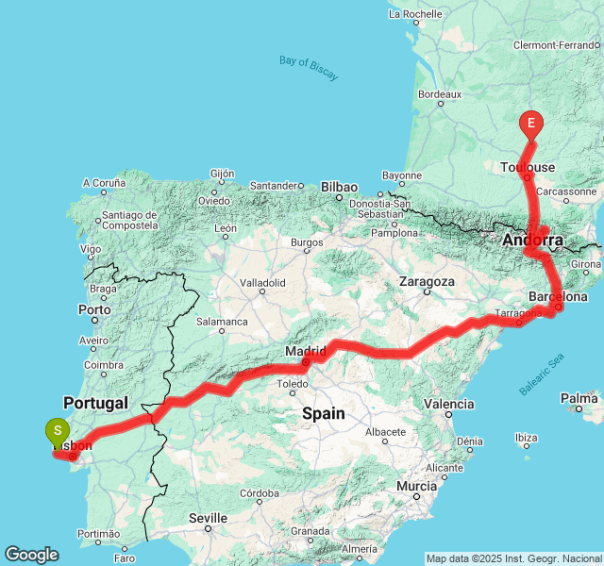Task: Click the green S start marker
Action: (x=58, y=432)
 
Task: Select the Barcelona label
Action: (x=559, y=296)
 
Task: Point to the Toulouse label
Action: (x=527, y=167)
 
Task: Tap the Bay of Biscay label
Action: (x=309, y=68)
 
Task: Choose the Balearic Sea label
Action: (x=542, y=374)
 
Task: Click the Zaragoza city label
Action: (x=427, y=281)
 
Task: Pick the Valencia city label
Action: (x=449, y=404)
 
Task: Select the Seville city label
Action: (x=208, y=518)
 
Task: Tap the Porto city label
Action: (x=94, y=309)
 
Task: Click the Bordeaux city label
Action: (x=439, y=94)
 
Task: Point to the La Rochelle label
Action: (x=415, y=14)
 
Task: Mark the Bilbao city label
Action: (x=340, y=187)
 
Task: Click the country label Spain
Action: (x=323, y=413)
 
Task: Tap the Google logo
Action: (x=31, y=555)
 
